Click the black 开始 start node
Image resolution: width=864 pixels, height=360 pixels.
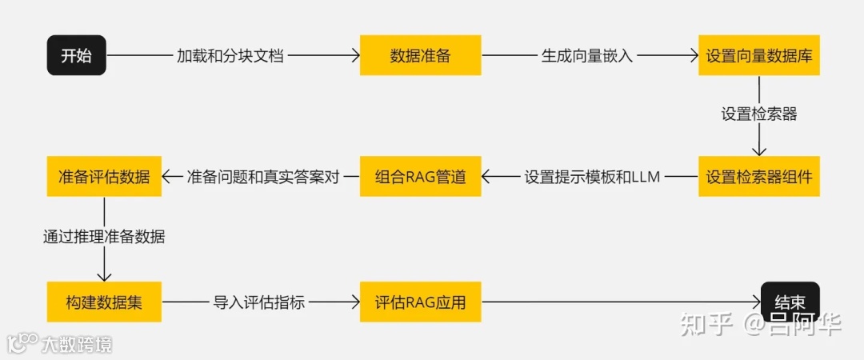76,55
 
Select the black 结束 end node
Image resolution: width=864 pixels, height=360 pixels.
790,302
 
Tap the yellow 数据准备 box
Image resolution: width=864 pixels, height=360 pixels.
420,55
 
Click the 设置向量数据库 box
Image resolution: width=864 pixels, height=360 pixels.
759,55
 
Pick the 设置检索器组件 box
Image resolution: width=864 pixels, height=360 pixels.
759,176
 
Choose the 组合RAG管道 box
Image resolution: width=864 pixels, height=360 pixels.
420,176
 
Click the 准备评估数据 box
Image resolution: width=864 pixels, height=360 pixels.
104,176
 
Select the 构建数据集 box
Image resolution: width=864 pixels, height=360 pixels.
104,302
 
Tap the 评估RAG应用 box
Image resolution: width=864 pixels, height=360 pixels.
420,302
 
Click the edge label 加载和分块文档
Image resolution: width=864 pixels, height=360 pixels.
230,56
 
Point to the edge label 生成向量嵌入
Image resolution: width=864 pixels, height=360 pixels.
587,56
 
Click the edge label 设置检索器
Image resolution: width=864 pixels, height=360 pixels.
759,114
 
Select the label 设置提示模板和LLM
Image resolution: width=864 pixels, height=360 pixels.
592,177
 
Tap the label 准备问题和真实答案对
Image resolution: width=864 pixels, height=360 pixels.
262,177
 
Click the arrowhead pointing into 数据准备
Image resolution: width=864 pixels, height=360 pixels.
354,55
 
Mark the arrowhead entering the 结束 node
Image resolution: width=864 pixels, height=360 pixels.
756,302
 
